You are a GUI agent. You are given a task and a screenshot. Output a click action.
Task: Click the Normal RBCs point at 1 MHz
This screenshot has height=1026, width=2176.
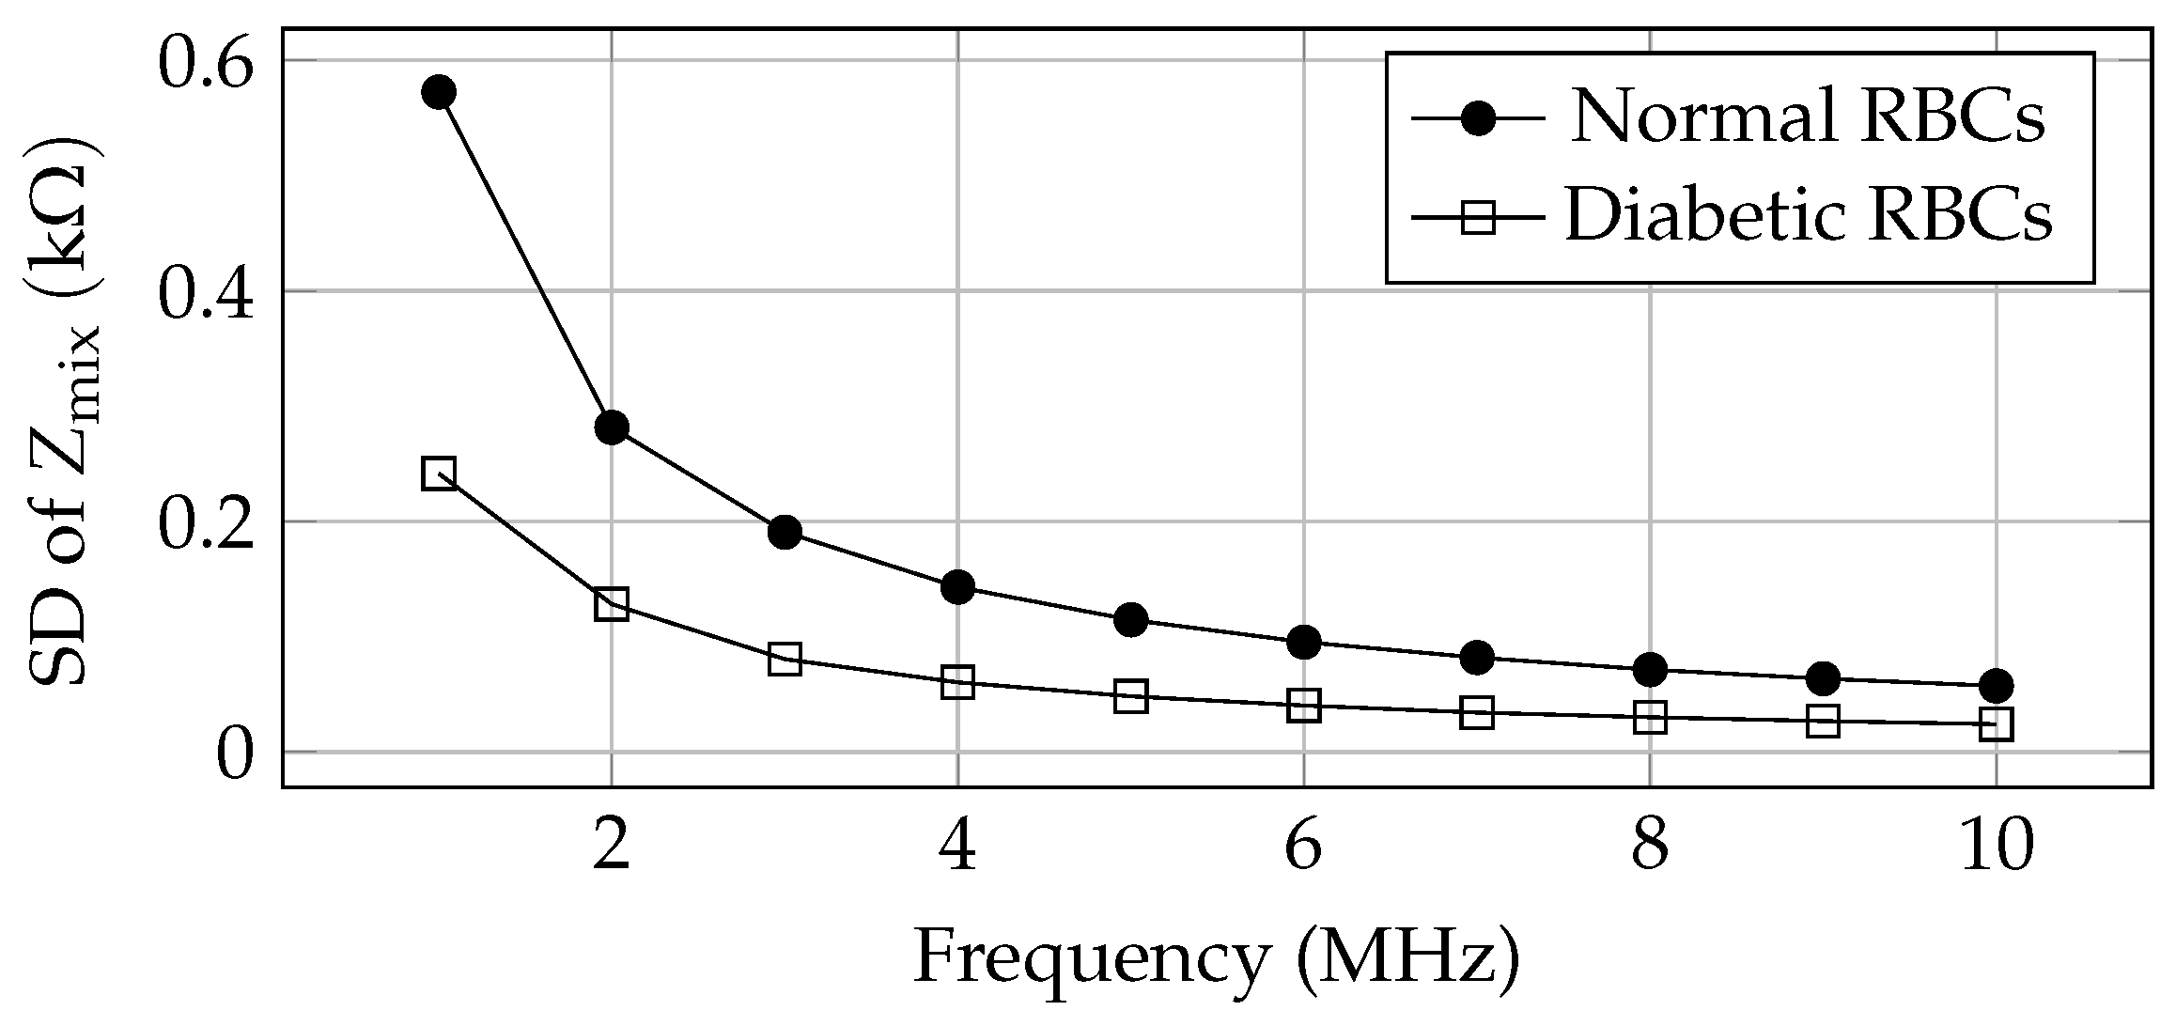439,92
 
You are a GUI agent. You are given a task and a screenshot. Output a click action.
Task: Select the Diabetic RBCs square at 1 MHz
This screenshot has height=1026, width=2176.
439,473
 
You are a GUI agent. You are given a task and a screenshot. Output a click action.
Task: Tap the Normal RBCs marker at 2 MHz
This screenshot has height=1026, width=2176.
612,427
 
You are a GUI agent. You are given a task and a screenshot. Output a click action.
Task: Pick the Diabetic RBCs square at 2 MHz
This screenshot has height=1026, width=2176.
612,603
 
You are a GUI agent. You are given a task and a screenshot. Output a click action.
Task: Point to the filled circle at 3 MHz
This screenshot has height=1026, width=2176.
785,532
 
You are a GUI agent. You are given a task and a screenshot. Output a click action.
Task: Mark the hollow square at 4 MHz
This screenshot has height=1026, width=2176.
957,682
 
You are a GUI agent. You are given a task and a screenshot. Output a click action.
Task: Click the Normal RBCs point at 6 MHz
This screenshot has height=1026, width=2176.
1304,642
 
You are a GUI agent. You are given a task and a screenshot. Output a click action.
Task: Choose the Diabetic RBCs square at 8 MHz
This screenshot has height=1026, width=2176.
1650,718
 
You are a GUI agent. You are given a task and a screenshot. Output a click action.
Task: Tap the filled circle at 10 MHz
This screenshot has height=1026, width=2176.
1996,685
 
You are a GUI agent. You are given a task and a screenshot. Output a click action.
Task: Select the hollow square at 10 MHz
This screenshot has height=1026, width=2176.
1996,723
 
